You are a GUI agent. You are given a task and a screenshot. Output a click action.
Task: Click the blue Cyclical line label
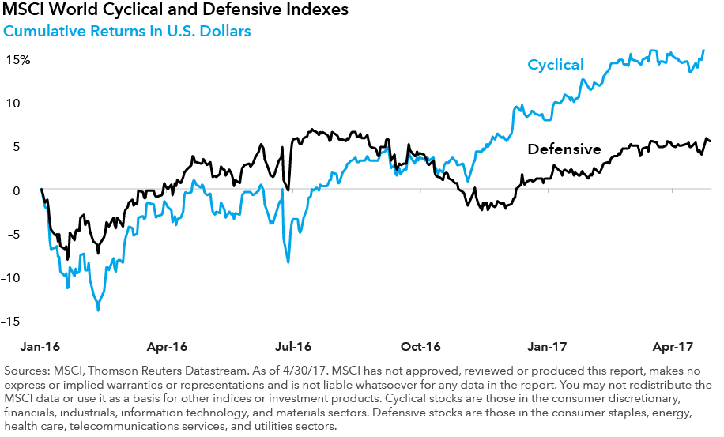click(x=556, y=65)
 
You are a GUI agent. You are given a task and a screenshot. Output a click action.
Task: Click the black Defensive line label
click(x=564, y=149)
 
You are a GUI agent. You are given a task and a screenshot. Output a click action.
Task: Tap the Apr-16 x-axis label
click(x=167, y=346)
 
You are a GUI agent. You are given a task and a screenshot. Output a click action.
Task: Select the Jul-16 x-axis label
click(x=293, y=346)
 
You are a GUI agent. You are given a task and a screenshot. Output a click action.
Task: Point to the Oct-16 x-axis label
click(x=420, y=346)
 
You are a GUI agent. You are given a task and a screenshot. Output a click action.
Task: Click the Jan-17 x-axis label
click(x=547, y=346)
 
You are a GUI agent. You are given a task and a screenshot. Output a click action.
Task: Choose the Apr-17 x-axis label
click(x=673, y=346)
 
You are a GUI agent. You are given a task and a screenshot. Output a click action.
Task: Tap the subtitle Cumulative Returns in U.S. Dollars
click(x=128, y=32)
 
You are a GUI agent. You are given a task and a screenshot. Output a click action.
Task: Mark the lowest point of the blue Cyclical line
click(x=98, y=310)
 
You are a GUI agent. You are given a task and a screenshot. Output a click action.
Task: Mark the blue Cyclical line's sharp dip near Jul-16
click(x=288, y=262)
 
